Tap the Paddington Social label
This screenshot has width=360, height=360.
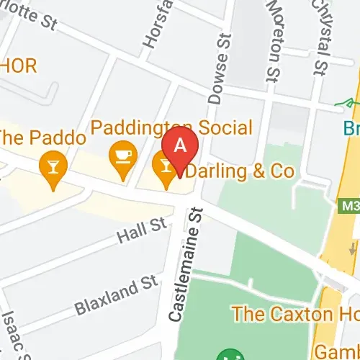point(171,129)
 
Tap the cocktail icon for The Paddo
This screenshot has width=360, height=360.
point(53,166)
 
